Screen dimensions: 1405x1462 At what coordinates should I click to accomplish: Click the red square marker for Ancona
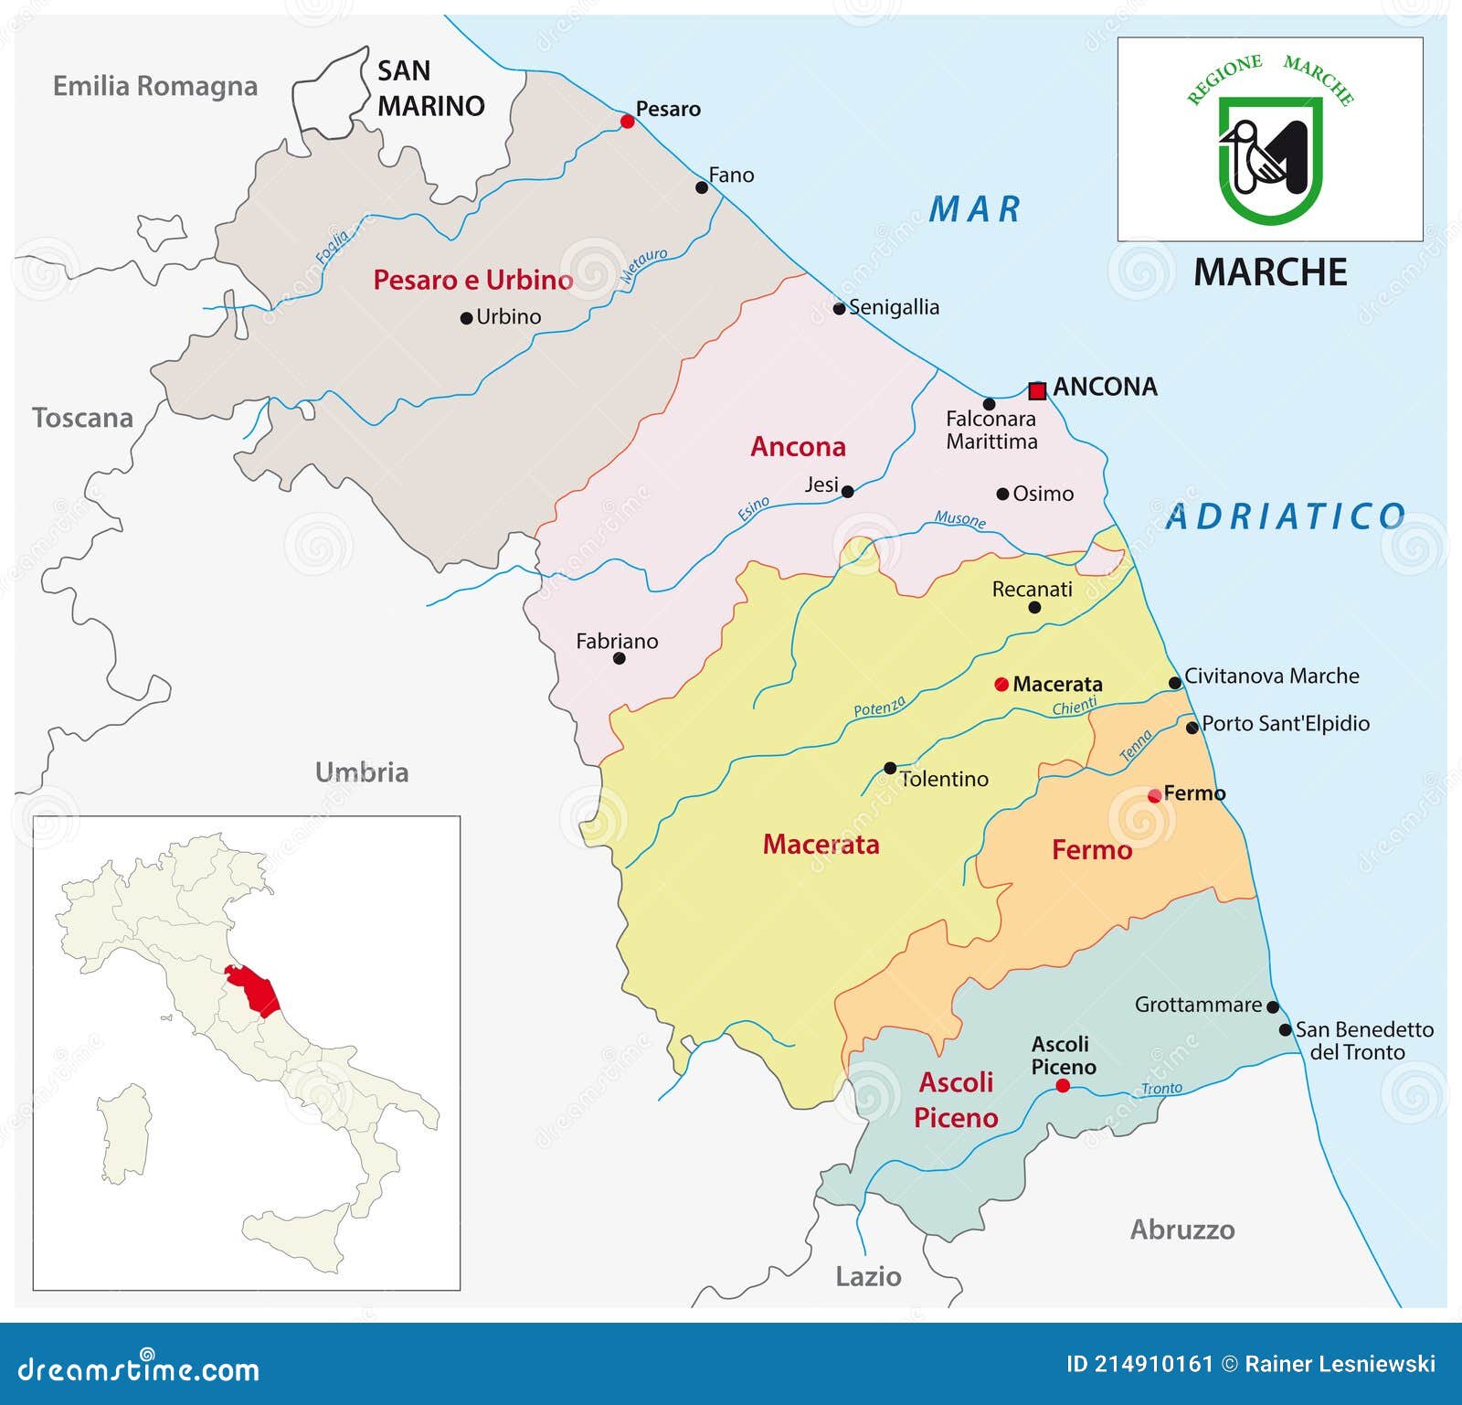(1036, 391)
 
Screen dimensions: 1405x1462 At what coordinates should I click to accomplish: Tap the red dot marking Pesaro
(627, 122)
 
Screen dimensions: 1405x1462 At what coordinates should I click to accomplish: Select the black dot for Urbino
(466, 319)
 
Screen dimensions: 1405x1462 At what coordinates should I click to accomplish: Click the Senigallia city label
(894, 307)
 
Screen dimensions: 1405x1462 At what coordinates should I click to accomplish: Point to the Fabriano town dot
(619, 658)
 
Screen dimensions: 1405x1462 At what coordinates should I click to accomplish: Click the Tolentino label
(944, 779)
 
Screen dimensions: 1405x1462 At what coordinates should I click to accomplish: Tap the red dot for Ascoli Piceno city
(1063, 1086)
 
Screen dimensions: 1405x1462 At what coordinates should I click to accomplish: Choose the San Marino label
(429, 89)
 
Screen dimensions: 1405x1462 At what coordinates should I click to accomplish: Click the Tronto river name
(1161, 1089)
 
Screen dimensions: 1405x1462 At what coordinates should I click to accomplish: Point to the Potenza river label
(879, 707)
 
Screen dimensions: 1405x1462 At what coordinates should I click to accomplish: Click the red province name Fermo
(1091, 850)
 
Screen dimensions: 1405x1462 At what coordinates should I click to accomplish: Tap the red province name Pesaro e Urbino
(472, 280)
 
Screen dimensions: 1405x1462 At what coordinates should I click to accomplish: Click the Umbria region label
(362, 772)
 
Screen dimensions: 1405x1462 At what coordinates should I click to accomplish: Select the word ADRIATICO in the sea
(1286, 516)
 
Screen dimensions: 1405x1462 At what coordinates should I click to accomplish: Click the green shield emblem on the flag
(1269, 159)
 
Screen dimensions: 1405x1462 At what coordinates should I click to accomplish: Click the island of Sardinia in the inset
(124, 1134)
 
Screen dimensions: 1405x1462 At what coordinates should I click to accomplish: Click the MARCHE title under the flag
(1270, 272)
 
